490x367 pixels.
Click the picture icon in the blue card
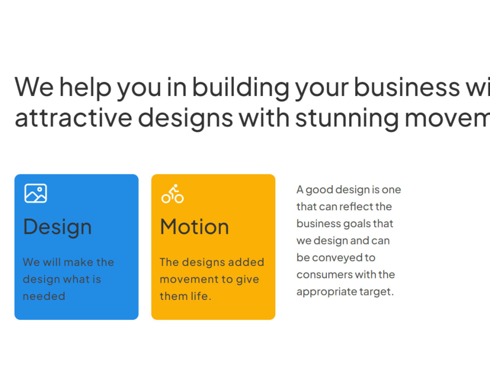[36, 193]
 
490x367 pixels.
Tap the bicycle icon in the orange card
[172, 194]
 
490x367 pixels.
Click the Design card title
[57, 227]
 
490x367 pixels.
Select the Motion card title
[195, 227]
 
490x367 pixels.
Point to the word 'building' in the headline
[241, 87]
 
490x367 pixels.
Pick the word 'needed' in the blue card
[44, 296]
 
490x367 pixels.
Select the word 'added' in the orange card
[248, 262]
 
